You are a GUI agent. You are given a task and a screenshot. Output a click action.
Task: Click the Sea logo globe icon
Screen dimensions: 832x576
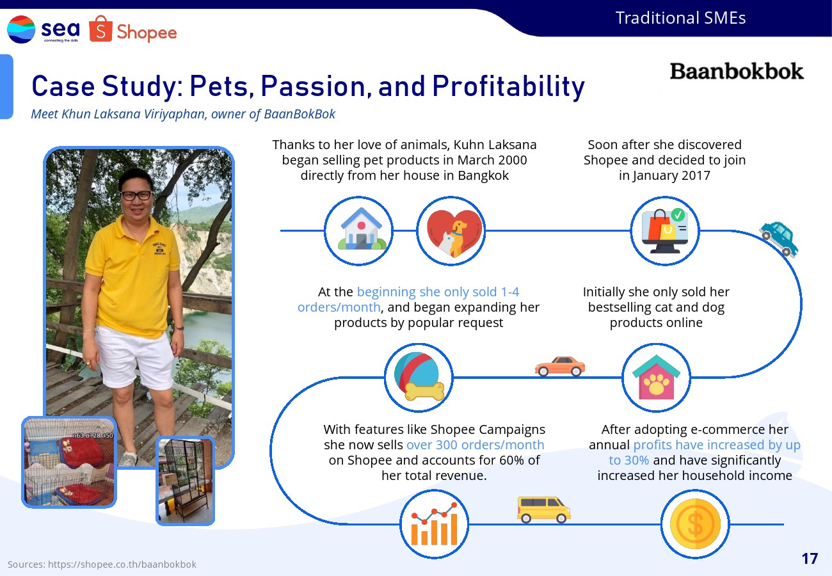(21, 29)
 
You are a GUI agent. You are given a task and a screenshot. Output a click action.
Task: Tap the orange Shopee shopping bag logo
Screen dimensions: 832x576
(100, 29)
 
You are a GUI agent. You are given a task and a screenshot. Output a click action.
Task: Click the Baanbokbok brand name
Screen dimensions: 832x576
(737, 71)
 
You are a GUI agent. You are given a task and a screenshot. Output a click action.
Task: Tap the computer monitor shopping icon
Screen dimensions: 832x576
(665, 231)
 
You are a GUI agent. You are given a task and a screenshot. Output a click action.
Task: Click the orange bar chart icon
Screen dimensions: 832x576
(434, 524)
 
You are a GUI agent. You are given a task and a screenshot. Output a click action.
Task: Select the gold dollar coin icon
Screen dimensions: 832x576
(695, 524)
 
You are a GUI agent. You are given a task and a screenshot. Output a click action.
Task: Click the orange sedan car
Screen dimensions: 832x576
(560, 366)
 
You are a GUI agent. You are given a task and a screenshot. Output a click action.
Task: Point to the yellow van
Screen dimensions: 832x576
(544, 509)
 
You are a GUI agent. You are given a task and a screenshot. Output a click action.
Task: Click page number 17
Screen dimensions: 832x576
(810, 559)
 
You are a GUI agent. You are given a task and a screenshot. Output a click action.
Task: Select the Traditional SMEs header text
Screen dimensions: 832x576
(680, 18)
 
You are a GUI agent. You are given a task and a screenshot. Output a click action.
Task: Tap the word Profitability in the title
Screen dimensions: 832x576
(509, 86)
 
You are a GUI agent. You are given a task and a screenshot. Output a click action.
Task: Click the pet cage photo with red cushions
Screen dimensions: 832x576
(69, 462)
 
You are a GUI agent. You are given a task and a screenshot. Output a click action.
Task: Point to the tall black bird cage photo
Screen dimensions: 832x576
(186, 481)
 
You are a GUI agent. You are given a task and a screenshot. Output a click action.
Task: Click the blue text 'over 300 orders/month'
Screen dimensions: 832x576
(475, 445)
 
